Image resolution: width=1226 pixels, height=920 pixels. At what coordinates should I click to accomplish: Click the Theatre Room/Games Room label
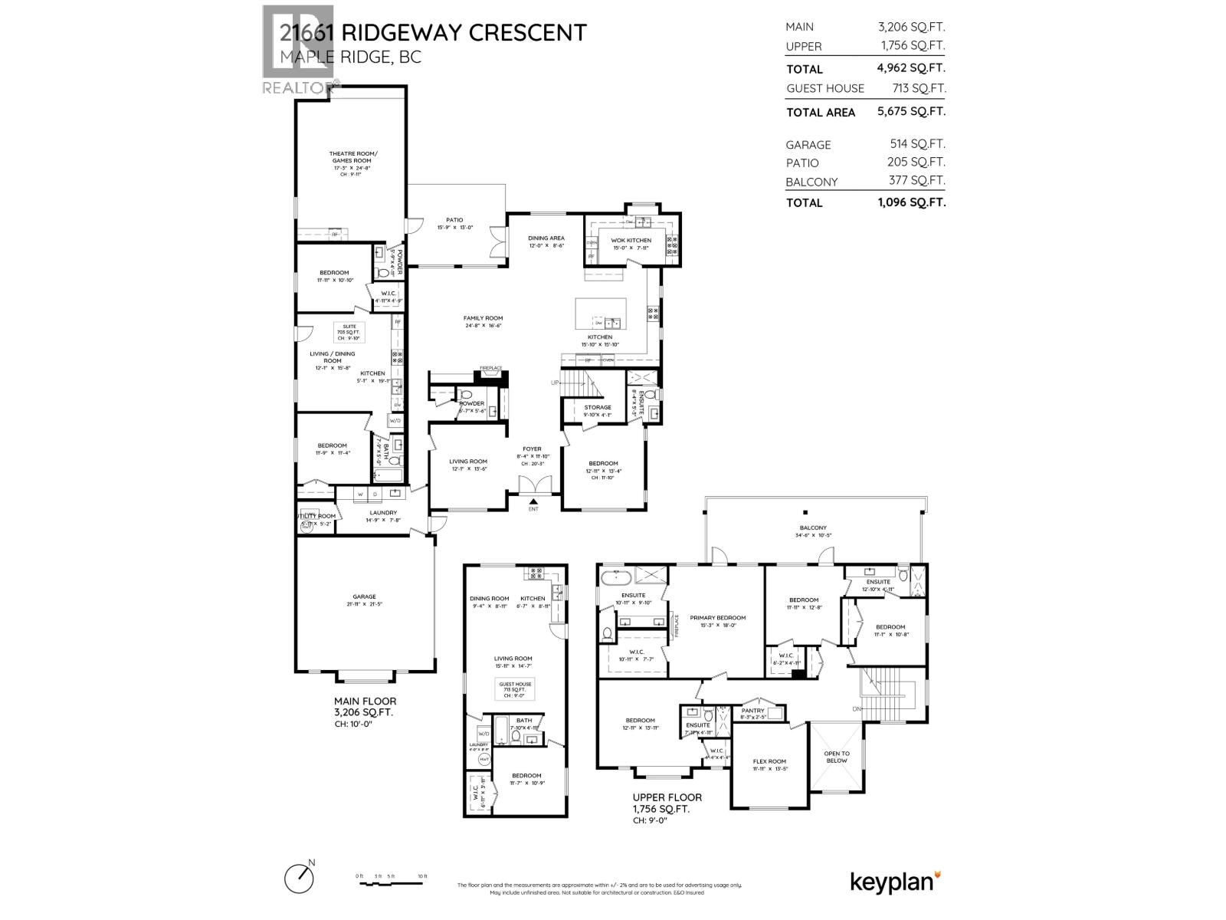pos(349,157)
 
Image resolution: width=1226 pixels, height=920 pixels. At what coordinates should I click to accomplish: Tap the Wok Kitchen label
pos(631,241)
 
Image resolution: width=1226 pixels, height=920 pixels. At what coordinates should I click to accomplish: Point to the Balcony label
pos(813,527)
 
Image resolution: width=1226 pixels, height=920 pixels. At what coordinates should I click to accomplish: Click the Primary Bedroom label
pos(717,617)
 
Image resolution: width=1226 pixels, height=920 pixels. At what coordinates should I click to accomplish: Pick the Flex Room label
pos(769,761)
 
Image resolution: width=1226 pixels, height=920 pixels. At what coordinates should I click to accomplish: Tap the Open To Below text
pos(836,757)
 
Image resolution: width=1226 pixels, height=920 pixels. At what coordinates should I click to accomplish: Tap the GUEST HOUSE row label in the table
pos(824,88)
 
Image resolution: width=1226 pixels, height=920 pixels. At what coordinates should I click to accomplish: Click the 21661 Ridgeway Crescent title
pos(433,32)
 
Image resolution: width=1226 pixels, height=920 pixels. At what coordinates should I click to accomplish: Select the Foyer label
pos(532,449)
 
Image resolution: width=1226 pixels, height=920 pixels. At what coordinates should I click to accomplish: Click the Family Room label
pos(483,318)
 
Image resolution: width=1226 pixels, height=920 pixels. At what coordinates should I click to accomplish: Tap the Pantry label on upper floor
pos(753,710)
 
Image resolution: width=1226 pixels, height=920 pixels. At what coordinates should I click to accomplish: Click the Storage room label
pos(598,408)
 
